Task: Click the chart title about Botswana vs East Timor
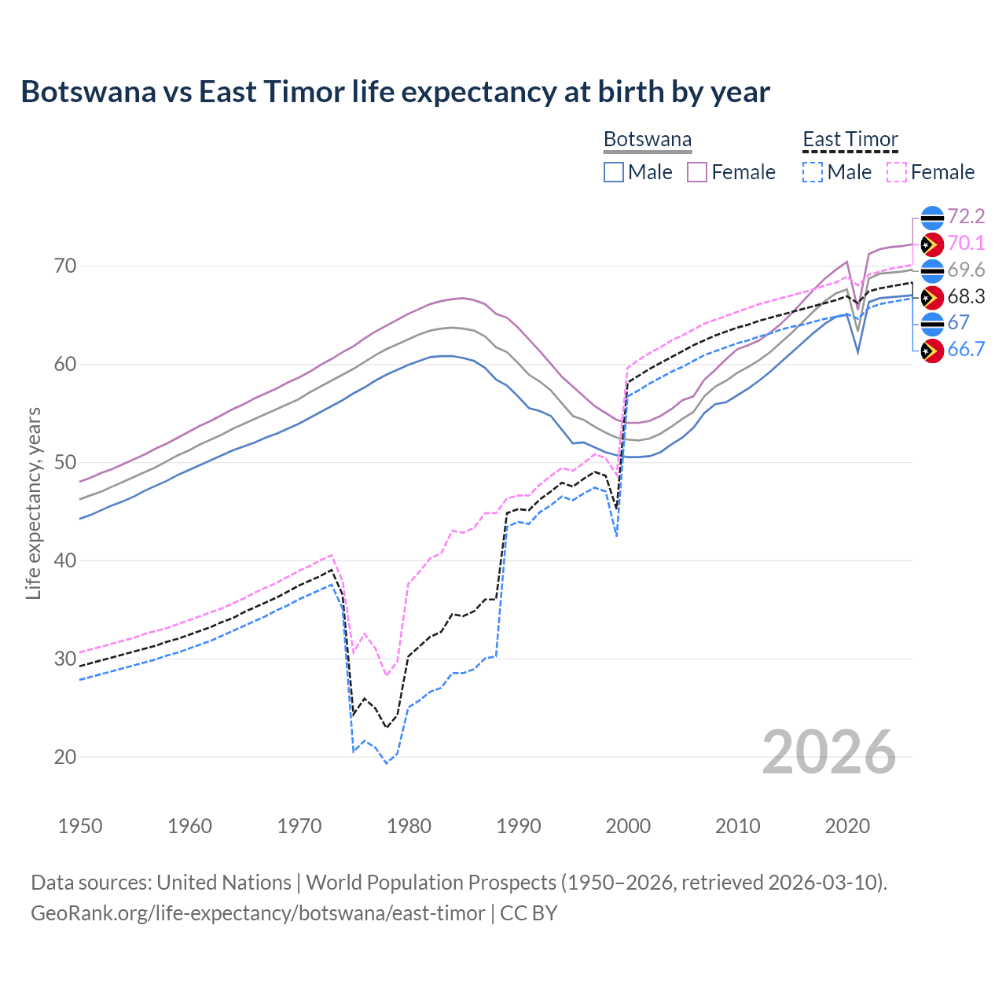point(395,92)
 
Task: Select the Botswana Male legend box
point(614,172)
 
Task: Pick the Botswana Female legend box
point(698,172)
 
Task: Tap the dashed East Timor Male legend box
point(813,172)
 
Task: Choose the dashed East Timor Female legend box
point(897,172)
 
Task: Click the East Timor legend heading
point(850,140)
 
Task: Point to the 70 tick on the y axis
point(66,266)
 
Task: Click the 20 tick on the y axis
point(66,757)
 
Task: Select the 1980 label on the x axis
point(409,826)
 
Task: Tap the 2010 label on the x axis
point(737,826)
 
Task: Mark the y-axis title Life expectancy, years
point(33,503)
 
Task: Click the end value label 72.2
point(966,216)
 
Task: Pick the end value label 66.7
point(966,350)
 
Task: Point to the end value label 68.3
point(966,296)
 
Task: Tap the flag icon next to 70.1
point(931,244)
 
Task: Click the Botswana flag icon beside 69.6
point(931,270)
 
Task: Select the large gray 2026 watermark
point(829,752)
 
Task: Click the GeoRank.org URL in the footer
point(258,913)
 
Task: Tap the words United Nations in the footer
point(224,883)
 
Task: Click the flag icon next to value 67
point(931,323)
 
